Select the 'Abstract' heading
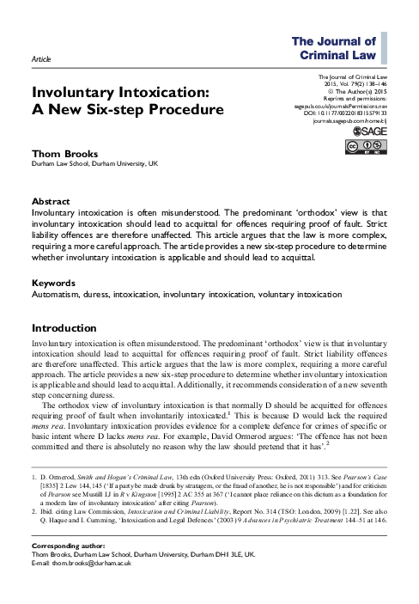tap(51, 202)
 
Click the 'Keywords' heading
tap(53, 283)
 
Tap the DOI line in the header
tap(342, 113)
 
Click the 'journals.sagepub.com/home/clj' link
tap(343, 121)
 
